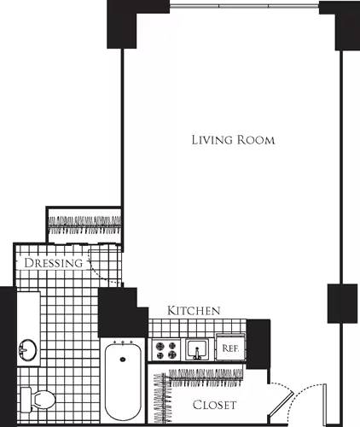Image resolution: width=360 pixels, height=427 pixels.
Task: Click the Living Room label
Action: (233, 139)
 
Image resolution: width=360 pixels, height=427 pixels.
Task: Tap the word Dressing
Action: (54, 263)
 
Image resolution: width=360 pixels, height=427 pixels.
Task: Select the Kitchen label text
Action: (195, 310)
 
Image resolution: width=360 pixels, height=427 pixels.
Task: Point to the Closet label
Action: (213, 405)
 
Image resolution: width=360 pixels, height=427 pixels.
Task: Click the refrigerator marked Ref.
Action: (229, 348)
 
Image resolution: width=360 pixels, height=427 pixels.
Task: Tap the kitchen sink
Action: (197, 349)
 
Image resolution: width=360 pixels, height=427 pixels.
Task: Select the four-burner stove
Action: (165, 349)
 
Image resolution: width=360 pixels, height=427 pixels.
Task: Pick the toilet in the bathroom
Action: (38, 399)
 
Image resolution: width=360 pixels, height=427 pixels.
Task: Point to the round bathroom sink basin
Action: (28, 350)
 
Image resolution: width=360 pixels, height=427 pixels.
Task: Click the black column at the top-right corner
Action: (339, 25)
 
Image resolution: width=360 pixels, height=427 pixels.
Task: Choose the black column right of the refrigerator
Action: (258, 343)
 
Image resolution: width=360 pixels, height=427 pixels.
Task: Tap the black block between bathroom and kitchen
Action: (117, 313)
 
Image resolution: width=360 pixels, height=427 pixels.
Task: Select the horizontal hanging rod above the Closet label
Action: (205, 374)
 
